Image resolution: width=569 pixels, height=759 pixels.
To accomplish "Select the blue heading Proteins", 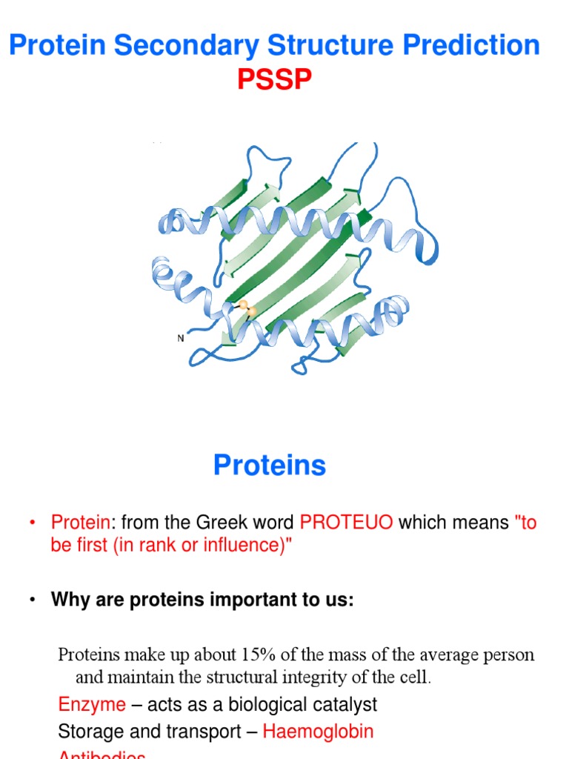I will click(270, 465).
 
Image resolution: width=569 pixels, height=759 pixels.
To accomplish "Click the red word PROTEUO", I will click(346, 523).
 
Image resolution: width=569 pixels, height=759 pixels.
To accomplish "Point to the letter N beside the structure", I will click(181, 338).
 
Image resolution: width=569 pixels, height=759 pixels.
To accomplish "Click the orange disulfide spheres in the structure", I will click(247, 308).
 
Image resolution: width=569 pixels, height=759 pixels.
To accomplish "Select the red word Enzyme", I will click(92, 704).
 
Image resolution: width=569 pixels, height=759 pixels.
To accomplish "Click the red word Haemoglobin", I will click(318, 732).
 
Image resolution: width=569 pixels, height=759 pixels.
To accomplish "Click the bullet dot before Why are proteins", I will click(33, 600).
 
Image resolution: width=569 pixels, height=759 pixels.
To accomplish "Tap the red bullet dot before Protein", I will click(33, 523).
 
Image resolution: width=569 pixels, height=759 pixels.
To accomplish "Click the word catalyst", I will click(348, 704).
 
